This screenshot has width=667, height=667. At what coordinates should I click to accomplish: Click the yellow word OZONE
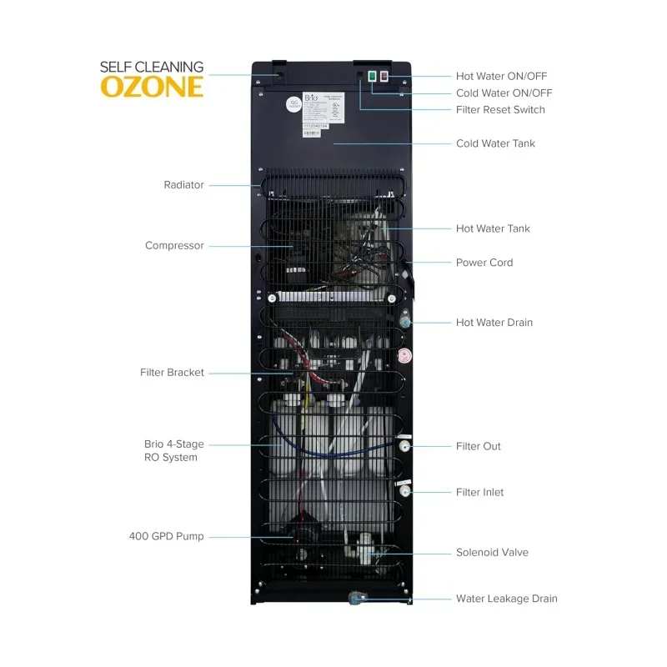152,88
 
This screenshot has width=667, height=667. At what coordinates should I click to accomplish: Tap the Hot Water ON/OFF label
501,76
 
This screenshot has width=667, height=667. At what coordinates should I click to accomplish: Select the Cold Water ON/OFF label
504,93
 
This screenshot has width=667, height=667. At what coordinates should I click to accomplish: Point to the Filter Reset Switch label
500,110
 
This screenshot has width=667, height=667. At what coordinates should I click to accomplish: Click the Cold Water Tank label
495,143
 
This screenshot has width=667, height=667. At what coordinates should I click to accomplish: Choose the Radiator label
183,185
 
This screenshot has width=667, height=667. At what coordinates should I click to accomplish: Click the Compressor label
174,246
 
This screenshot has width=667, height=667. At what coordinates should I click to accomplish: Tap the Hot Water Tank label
493,228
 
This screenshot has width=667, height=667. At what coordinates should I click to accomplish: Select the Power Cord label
484,263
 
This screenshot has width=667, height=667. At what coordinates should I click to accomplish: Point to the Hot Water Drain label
494,323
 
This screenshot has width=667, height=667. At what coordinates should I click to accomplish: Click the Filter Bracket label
172,373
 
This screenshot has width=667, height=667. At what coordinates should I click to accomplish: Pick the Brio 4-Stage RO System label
173,451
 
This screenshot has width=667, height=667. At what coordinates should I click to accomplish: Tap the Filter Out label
479,447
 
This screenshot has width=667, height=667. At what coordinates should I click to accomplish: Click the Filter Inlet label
480,493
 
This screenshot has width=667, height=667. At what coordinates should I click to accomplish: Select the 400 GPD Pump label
167,536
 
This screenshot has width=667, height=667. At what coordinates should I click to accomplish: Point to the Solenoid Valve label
492,553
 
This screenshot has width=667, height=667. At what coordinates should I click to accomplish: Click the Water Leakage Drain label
506,599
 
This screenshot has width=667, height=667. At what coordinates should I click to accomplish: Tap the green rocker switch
372,77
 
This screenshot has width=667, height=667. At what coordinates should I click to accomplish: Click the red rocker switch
384,77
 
